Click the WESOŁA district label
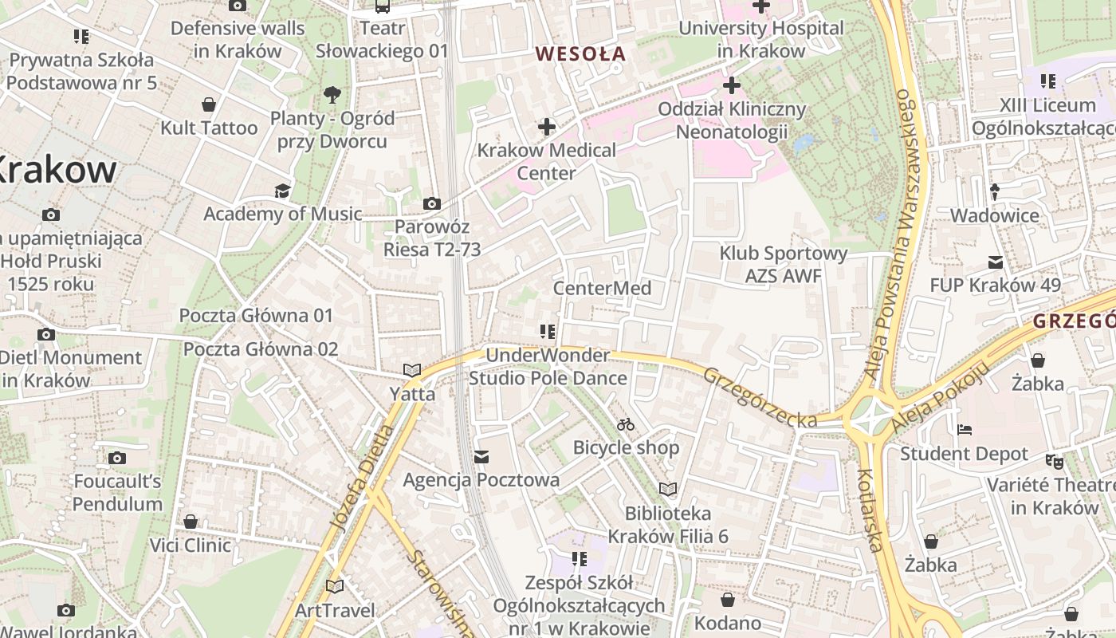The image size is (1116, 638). point(580,54)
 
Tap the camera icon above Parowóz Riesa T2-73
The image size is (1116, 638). point(432,204)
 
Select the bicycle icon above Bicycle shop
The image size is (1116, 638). point(626,424)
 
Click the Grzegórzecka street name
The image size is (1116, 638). point(760,396)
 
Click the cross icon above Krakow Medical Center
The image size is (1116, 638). point(547,126)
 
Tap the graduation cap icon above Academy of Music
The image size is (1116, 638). point(282,191)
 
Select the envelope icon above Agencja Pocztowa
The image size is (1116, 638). point(481,457)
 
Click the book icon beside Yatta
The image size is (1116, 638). point(412,370)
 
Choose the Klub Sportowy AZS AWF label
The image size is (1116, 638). point(783,265)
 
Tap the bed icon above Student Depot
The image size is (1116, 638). point(965,430)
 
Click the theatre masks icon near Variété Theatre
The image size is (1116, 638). point(1055,461)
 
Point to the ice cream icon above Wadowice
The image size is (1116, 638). point(995,192)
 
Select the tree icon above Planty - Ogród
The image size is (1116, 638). point(332,96)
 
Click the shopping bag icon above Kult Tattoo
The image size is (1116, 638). point(209,104)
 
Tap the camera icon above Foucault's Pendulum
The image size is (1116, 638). point(117,458)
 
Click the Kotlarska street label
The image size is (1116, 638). point(870,510)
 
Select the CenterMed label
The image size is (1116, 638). point(602,288)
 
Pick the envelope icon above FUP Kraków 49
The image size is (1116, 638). point(995,262)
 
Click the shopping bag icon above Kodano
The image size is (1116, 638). point(727,599)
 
